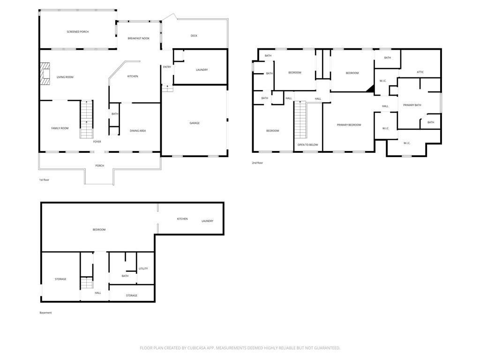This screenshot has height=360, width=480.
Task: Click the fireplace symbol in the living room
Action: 44,74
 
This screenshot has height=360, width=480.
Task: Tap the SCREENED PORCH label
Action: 77,32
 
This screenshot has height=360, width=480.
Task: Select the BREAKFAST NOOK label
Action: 138,38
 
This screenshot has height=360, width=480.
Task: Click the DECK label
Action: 194,36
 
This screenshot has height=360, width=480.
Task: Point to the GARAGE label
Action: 195,123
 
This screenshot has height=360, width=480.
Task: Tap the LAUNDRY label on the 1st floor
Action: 202,70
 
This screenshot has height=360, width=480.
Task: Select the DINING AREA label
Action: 138,131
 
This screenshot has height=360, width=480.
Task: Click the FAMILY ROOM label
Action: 60,128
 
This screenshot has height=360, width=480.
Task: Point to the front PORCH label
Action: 99,165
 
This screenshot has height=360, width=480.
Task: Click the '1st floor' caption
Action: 44,180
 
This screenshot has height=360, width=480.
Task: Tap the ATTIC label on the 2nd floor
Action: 420,72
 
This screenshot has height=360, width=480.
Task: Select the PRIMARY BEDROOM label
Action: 349,125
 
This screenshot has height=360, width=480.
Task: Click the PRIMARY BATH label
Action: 412,105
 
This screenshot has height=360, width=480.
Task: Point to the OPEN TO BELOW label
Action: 307,145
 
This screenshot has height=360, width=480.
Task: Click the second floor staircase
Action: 300,120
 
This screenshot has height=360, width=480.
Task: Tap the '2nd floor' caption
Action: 257,163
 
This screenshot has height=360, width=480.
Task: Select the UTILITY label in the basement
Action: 143,269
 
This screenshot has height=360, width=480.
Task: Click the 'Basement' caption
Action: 45,313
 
